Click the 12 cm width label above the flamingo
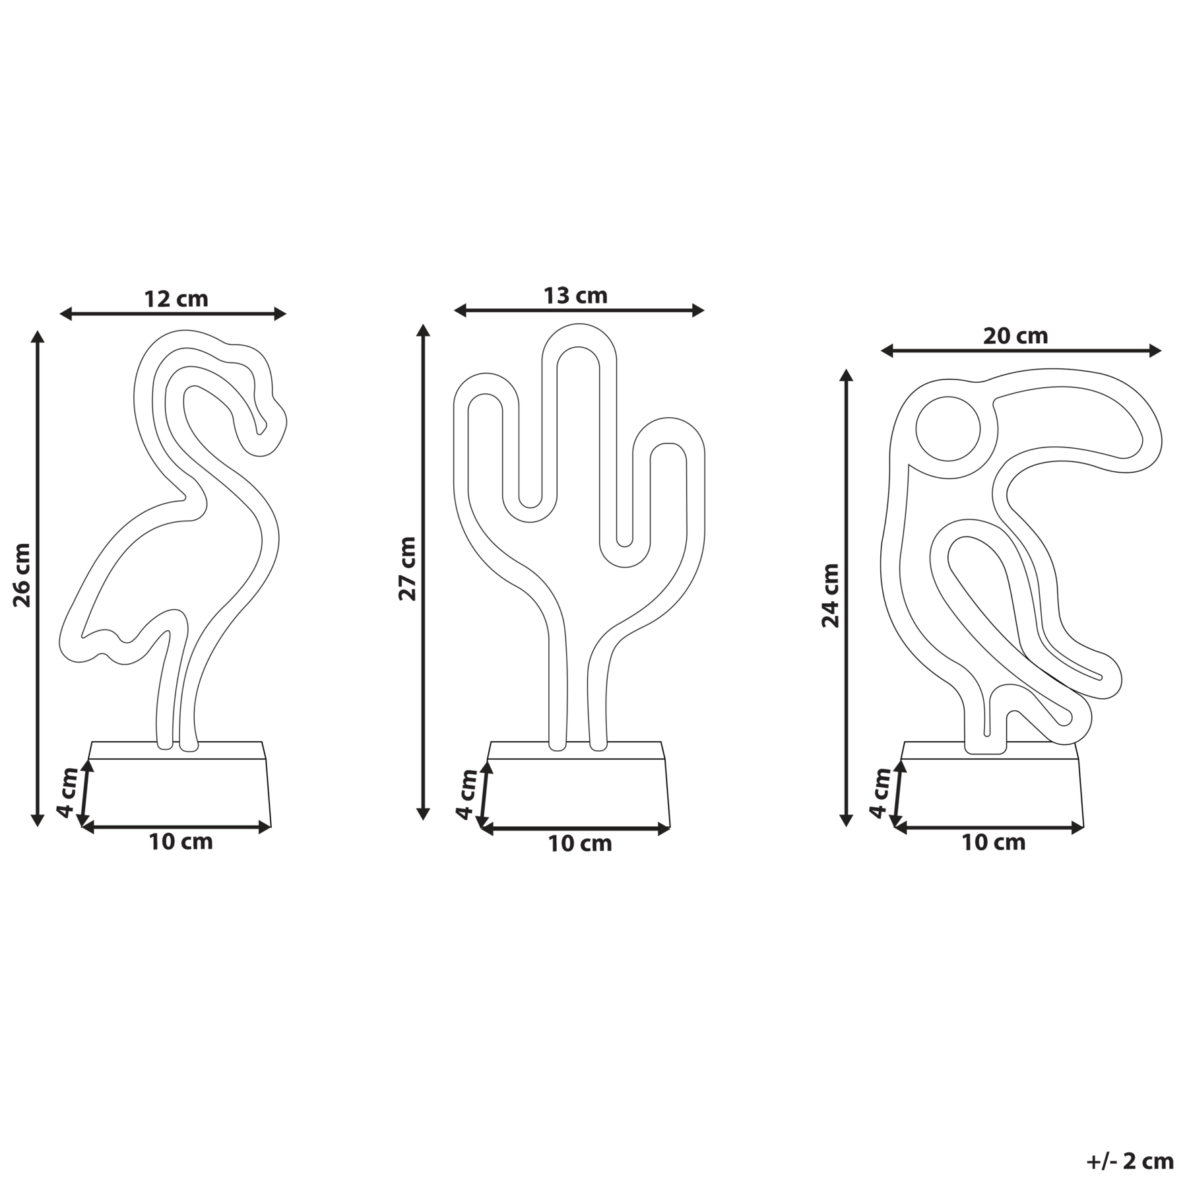176,299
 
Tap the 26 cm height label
22,575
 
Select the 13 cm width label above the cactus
575,295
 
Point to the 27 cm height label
407,568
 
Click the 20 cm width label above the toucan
1015,336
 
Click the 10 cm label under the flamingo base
181,841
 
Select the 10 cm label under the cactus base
580,843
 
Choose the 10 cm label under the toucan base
994,842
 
